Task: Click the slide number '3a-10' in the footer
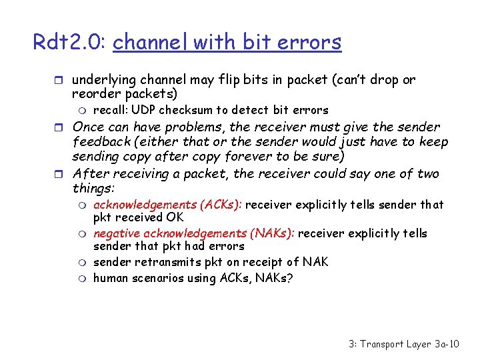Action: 443,344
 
